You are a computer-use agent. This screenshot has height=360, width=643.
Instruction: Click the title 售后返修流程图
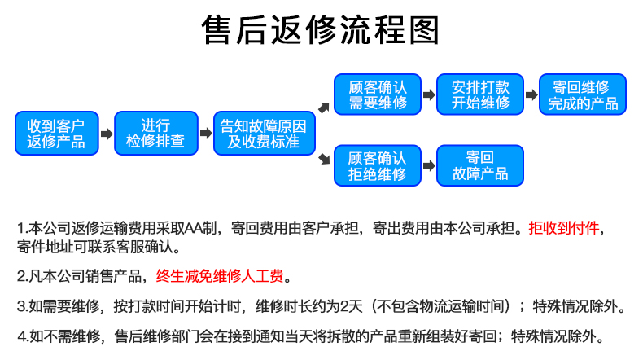pyautogui.click(x=320, y=29)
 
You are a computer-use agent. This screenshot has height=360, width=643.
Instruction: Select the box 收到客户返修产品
pyautogui.click(x=57, y=134)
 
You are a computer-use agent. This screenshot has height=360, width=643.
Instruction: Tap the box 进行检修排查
pyautogui.click(x=156, y=134)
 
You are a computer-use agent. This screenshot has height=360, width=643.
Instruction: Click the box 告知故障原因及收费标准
pyautogui.click(x=264, y=134)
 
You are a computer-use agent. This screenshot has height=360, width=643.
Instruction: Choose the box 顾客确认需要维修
pyautogui.click(x=378, y=94)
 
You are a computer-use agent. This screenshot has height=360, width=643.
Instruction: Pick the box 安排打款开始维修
pyautogui.click(x=480, y=94)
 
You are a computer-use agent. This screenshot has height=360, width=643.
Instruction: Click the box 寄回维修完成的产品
pyautogui.click(x=583, y=94)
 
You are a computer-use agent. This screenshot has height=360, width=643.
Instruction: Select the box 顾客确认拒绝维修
pyautogui.click(x=378, y=165)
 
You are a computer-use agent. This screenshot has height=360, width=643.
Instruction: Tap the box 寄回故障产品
pyautogui.click(x=480, y=165)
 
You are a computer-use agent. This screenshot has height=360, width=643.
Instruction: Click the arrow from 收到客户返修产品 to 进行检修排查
pyautogui.click(x=107, y=134)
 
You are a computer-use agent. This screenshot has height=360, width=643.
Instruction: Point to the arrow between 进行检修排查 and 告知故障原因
pyautogui.click(x=206, y=133)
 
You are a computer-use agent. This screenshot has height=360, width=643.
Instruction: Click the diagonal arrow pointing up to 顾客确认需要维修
pyautogui.click(x=324, y=108)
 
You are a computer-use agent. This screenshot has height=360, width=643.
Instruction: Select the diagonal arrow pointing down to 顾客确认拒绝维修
pyautogui.click(x=325, y=159)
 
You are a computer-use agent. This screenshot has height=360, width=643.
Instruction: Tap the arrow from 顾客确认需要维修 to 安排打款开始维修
pyautogui.click(x=429, y=94)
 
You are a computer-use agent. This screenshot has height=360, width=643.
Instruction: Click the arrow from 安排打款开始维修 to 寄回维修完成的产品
pyautogui.click(x=531, y=94)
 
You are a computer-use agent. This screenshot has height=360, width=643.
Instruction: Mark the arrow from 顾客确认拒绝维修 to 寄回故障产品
pyautogui.click(x=429, y=166)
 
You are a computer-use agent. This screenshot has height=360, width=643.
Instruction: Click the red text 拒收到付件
pyautogui.click(x=564, y=228)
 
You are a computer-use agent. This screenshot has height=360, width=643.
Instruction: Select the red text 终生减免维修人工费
pyautogui.click(x=220, y=276)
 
